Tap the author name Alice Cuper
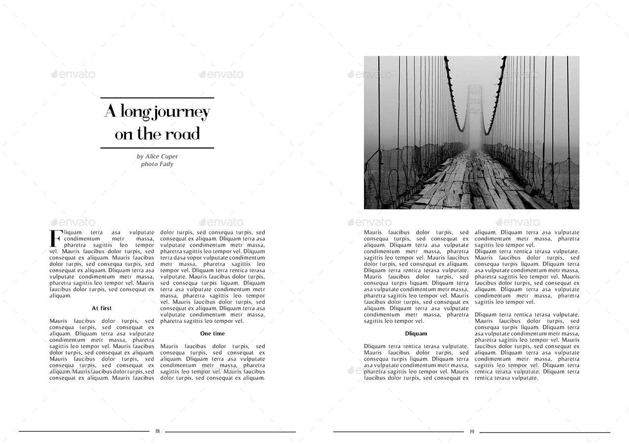pos(162,156)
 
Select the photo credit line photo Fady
pos(157,164)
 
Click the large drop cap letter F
pos(55,238)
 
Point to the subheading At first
pos(102,308)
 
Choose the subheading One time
pos(212,334)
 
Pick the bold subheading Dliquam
pos(416,334)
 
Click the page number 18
pos(157,431)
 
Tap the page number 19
pos(471,432)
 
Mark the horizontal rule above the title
pos(157,98)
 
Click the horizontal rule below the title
pos(157,148)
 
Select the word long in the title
pos(133,113)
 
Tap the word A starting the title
pos(110,112)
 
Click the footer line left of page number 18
pos(84,432)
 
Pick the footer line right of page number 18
pos(230,432)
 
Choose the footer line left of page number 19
pos(398,432)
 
